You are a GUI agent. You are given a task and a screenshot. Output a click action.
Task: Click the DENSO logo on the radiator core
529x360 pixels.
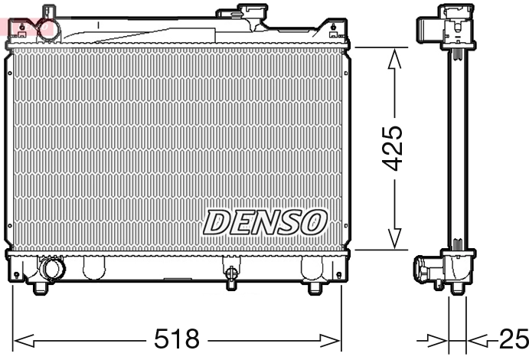[x=265, y=222]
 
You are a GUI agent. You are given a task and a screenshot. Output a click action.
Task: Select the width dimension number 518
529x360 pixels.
[x=177, y=338]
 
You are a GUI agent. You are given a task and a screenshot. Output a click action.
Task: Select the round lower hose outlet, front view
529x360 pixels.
[x=54, y=270]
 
